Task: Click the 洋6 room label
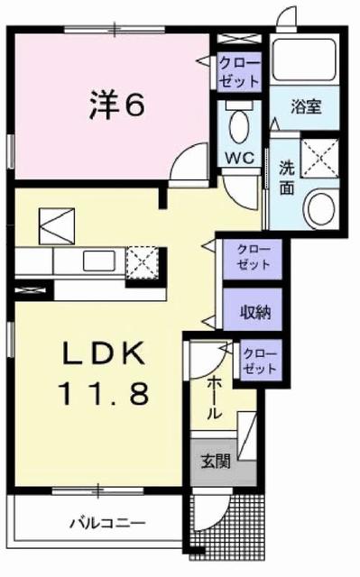[116, 105]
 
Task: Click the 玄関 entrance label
[215, 462]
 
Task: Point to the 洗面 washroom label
[286, 177]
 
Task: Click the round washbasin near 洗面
[319, 208]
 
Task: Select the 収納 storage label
[254, 312]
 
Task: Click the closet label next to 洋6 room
[238, 70]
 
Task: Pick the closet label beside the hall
[259, 361]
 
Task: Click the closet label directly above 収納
[254, 257]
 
